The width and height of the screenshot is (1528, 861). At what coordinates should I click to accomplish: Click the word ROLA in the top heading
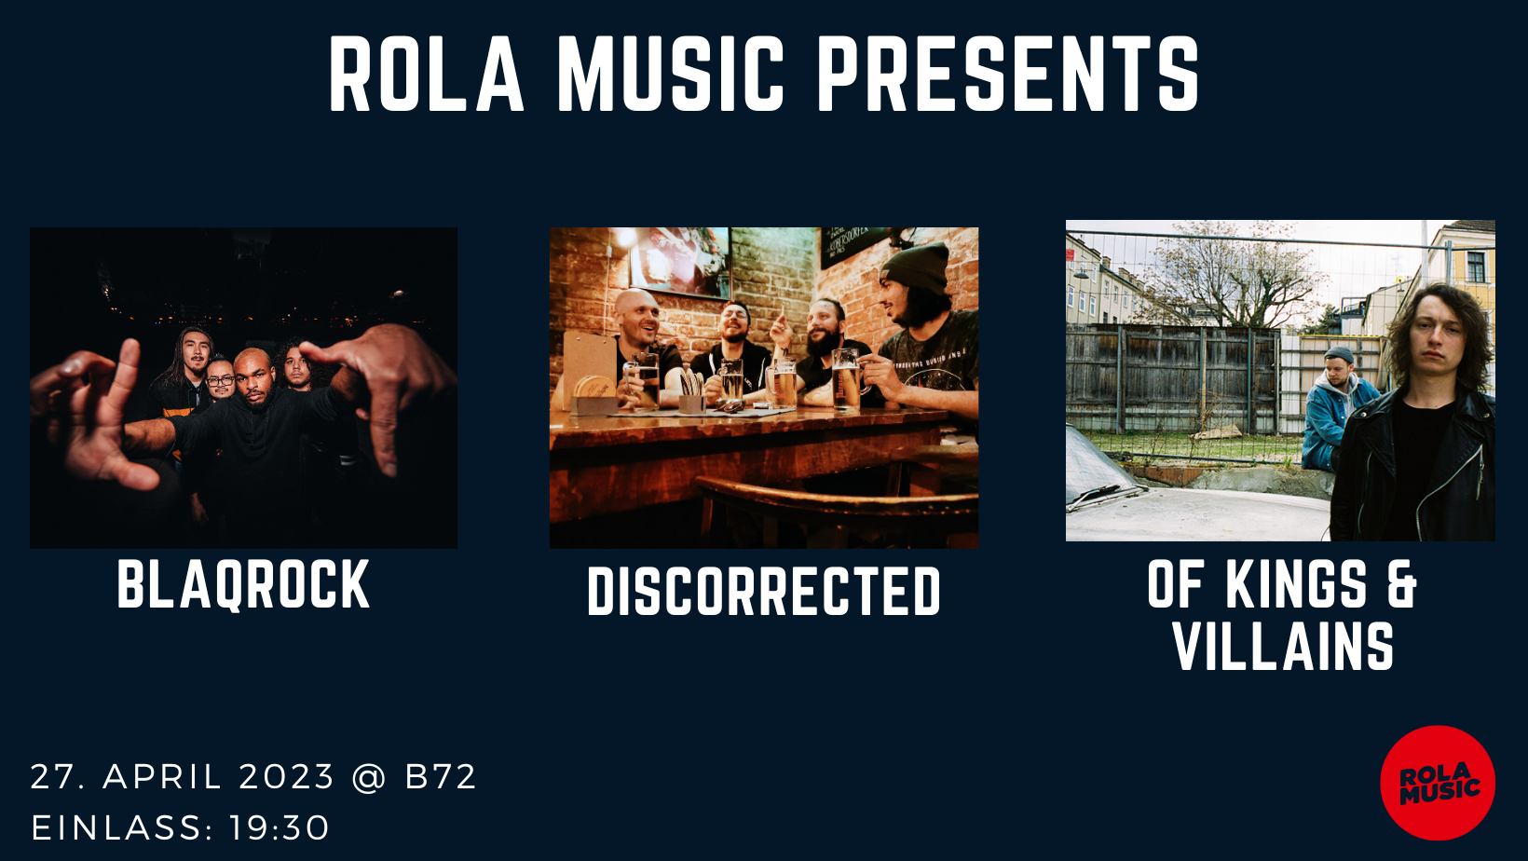click(x=427, y=74)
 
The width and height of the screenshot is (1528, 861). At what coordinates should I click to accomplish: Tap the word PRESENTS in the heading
click(x=1007, y=74)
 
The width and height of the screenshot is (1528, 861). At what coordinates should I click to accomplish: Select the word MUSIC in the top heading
click(x=671, y=74)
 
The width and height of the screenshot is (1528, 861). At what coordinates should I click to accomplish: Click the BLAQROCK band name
click(x=243, y=584)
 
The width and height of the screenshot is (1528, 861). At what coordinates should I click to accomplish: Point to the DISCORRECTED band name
click(x=764, y=592)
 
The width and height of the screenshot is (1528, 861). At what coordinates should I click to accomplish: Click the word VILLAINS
click(x=1282, y=646)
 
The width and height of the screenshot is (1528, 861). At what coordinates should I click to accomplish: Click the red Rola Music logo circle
click(x=1438, y=782)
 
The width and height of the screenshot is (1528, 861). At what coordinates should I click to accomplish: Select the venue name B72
click(x=441, y=777)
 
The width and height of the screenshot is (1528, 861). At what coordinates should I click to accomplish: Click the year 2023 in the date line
click(x=287, y=777)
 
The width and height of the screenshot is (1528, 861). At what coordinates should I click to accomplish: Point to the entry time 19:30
click(x=279, y=828)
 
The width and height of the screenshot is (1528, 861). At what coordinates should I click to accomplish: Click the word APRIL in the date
click(x=162, y=777)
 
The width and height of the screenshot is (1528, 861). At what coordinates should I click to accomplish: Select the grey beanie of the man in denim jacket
click(x=1339, y=354)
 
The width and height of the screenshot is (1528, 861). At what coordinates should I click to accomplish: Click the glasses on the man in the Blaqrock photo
click(x=220, y=380)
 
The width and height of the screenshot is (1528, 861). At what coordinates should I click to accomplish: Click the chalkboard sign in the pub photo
click(x=854, y=246)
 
